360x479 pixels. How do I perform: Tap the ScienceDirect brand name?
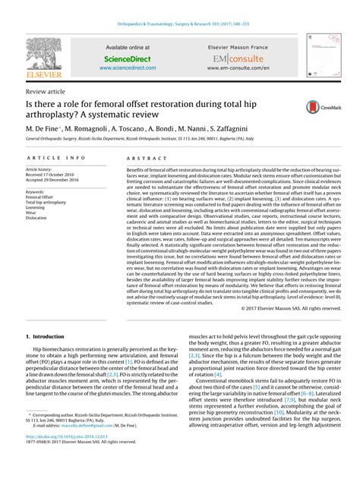coord(127,57)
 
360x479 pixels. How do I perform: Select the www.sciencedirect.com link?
coord(127,67)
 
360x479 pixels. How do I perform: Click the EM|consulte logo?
coord(238,58)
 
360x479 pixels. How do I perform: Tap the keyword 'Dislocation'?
coord(40,217)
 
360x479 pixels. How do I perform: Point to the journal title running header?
coord(180,6)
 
